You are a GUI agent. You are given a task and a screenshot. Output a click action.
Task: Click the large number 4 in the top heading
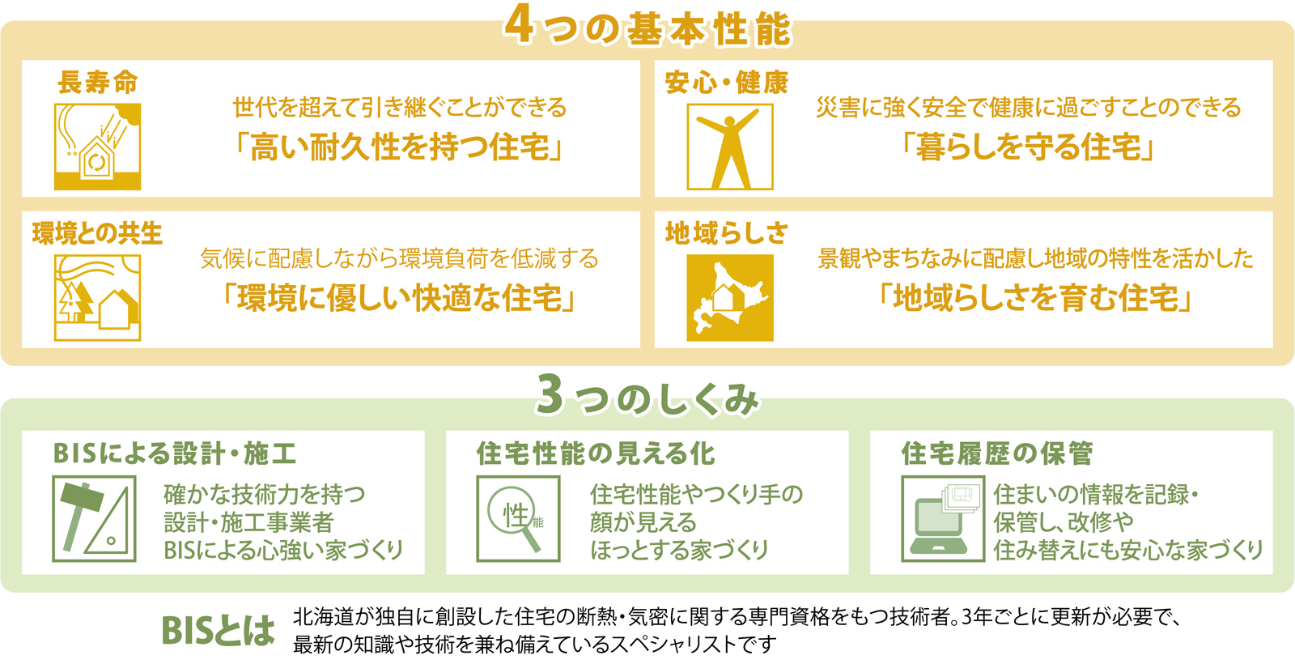point(519,26)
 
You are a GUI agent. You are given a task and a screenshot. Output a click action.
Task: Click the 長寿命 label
point(98,82)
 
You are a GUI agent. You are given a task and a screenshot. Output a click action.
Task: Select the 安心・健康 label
point(727,82)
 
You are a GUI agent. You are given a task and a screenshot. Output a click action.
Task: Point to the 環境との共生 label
point(97,233)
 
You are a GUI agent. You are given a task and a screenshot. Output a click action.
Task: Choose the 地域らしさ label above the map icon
point(727,233)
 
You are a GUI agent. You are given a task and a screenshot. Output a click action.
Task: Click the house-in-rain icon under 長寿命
point(98,147)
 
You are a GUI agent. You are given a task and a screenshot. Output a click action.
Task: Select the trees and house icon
point(98,298)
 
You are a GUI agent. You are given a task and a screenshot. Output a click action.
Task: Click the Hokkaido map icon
point(730,298)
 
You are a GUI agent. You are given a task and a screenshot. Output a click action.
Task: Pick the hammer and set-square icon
point(94,519)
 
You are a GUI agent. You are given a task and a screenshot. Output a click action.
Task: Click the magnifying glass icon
point(519,519)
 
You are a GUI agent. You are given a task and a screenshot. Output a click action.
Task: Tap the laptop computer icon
point(943,519)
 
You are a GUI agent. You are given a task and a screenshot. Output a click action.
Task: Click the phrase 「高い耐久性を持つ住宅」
point(399,147)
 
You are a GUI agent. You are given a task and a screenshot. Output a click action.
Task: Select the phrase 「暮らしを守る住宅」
point(1029,147)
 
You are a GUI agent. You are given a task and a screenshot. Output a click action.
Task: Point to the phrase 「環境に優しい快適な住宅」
point(399,299)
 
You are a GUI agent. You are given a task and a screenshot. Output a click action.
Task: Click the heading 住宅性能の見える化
point(596,453)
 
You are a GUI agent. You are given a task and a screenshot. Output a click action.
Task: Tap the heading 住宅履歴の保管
point(997,453)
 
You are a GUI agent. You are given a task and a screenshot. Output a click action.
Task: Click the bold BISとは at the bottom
point(218,630)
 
